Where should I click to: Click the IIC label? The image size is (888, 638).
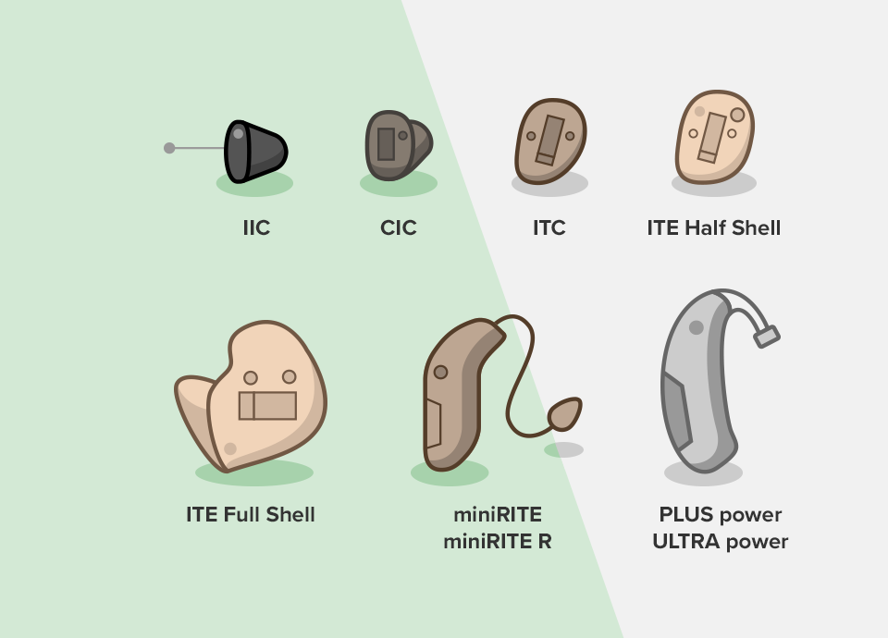click(x=256, y=227)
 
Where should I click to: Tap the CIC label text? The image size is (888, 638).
click(x=399, y=227)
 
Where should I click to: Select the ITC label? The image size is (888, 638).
click(x=549, y=227)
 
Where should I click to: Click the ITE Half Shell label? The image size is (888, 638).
click(x=713, y=227)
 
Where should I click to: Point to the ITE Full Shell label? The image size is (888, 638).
click(x=251, y=515)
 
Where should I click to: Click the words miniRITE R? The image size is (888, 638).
click(x=498, y=541)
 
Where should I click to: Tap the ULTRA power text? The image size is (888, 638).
click(x=720, y=541)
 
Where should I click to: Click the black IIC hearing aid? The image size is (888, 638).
click(x=255, y=151)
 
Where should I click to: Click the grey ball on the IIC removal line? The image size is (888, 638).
click(x=169, y=148)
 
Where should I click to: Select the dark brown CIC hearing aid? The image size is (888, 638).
click(x=398, y=145)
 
